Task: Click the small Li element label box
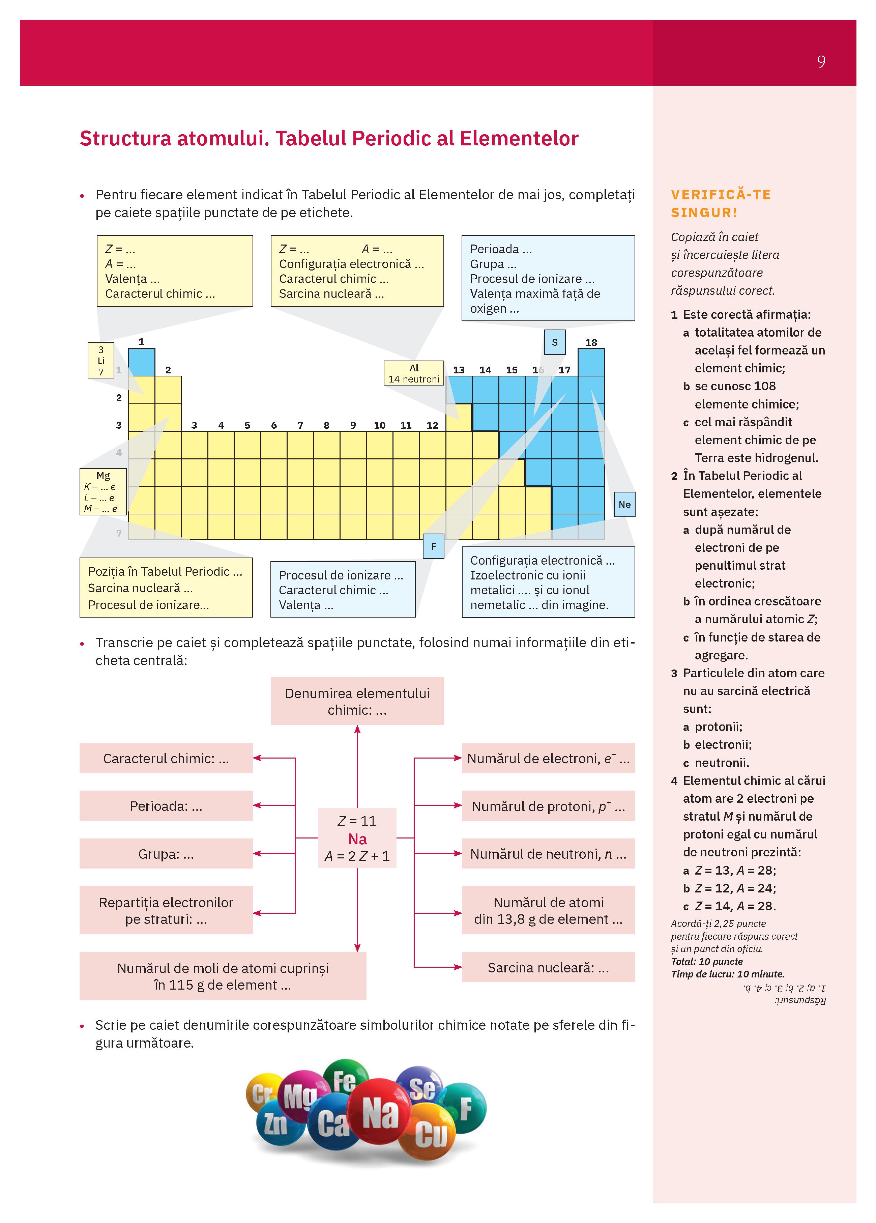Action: tap(101, 360)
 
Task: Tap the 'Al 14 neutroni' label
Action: tap(413, 373)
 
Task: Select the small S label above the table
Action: tap(555, 342)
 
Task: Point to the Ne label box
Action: tap(624, 505)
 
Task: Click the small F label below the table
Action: tap(433, 546)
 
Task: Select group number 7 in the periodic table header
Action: tap(300, 425)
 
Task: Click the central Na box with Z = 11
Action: tap(357, 837)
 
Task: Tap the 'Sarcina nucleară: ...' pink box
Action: tap(548, 967)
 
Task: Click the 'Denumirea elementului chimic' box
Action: tap(357, 701)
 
